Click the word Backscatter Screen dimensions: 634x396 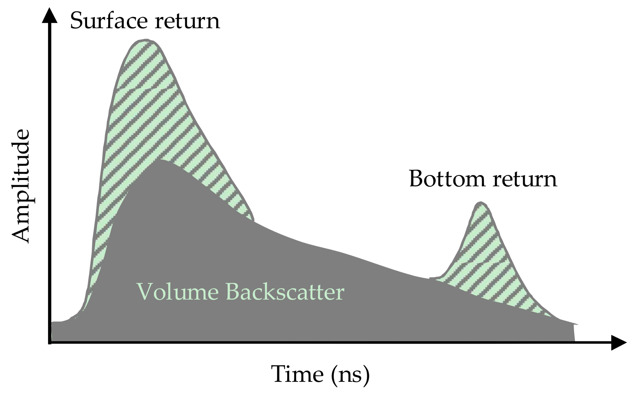[x=285, y=292]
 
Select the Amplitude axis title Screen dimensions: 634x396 [x=20, y=186]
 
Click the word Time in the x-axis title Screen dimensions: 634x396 [x=297, y=374]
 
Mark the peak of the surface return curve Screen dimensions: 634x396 [x=146, y=39]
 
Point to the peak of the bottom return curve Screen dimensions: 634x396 [x=481, y=203]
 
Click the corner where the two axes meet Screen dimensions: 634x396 [x=50, y=342]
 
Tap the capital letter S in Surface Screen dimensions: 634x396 [x=76, y=20]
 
